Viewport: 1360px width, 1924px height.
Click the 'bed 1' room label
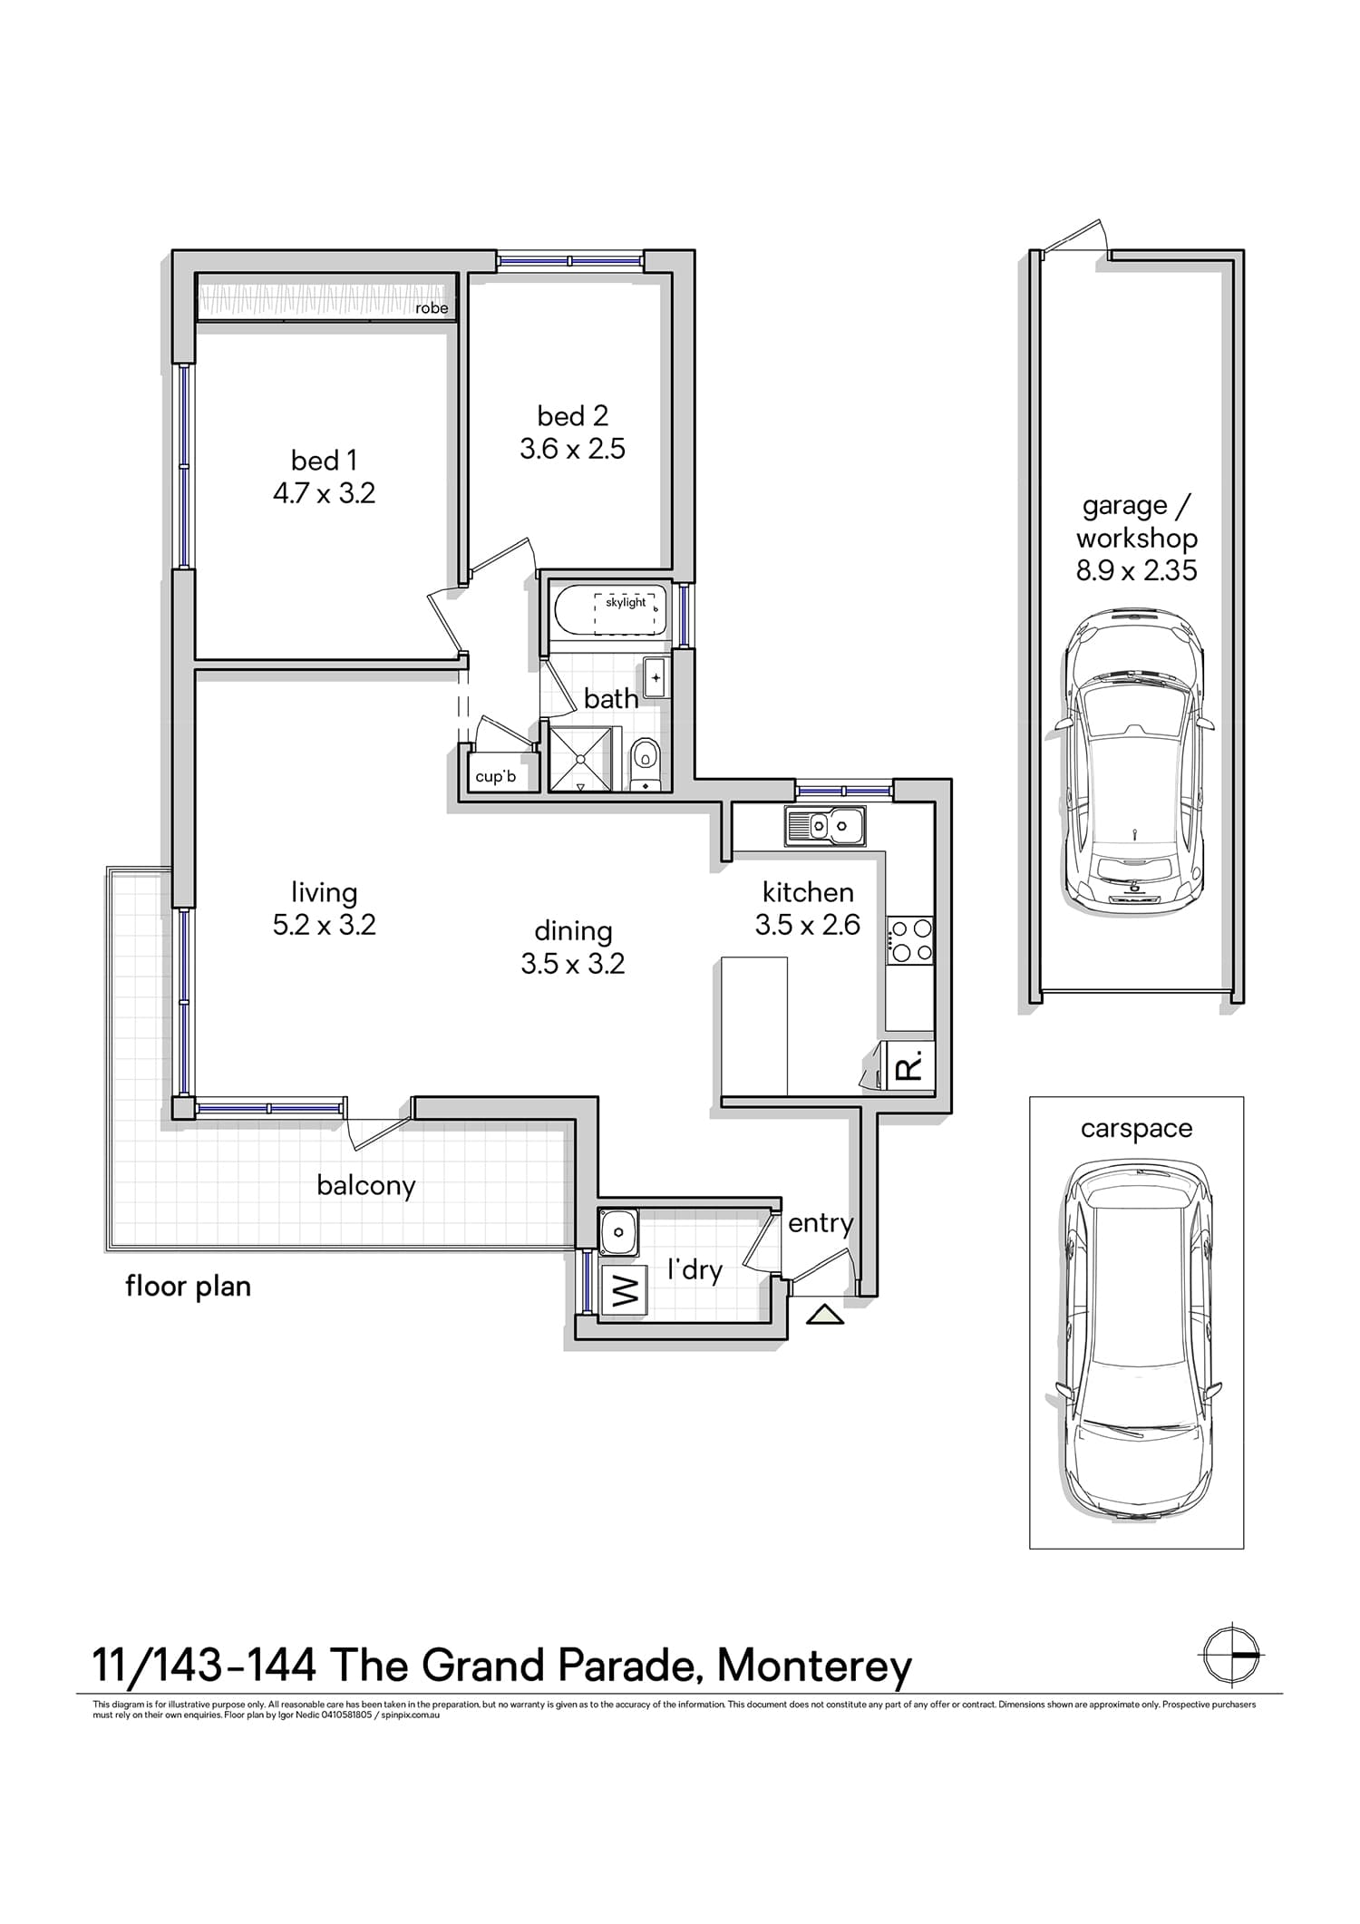click(x=324, y=461)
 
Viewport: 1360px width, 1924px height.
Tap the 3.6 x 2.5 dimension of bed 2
click(x=573, y=449)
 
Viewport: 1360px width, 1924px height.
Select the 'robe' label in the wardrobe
click(x=432, y=308)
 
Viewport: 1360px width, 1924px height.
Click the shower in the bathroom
click(x=580, y=757)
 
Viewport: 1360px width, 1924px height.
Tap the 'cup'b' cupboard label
click(x=496, y=776)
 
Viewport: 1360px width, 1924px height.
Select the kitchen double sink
click(x=826, y=825)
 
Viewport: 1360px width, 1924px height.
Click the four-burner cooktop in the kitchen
click(x=910, y=939)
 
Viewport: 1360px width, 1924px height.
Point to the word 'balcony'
click(x=366, y=1185)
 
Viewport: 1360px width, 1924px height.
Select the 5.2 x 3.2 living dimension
click(x=325, y=925)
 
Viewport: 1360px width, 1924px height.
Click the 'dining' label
click(x=573, y=931)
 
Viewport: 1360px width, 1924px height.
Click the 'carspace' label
click(x=1136, y=1129)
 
